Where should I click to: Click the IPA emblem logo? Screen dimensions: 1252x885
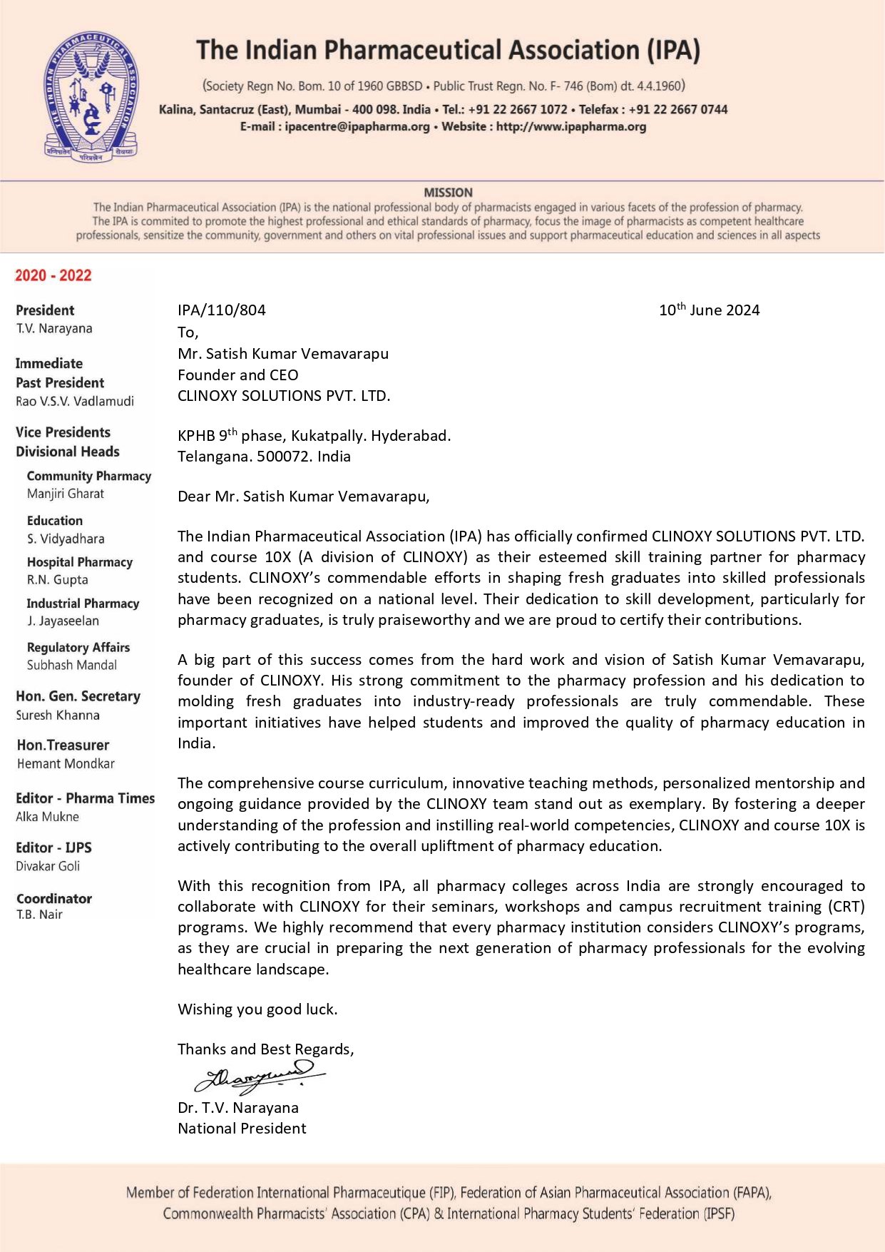point(91,95)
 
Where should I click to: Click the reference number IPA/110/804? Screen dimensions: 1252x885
point(221,310)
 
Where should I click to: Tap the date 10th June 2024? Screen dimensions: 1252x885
point(709,310)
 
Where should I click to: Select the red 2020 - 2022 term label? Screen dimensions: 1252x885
point(53,275)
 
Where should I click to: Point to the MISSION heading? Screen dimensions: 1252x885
point(448,193)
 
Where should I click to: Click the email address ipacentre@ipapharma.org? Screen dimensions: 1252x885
point(357,127)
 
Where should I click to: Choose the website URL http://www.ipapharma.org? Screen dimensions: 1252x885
point(571,127)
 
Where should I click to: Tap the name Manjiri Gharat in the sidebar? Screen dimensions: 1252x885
point(66,494)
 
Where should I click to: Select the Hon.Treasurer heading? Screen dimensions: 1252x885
point(63,745)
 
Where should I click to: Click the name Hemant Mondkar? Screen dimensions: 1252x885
point(66,763)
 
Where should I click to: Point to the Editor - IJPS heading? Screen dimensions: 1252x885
point(53,848)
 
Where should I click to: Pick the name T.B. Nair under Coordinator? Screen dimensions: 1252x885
point(39,915)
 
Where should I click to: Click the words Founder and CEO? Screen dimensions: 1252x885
point(237,375)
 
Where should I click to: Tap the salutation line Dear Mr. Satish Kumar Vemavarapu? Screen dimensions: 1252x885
point(303,497)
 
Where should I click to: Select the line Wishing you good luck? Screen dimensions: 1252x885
point(257,1009)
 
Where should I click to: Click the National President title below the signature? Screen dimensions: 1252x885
point(242,1129)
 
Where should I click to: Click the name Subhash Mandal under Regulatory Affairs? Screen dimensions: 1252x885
point(72,665)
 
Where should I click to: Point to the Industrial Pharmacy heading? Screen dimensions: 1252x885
point(83,604)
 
